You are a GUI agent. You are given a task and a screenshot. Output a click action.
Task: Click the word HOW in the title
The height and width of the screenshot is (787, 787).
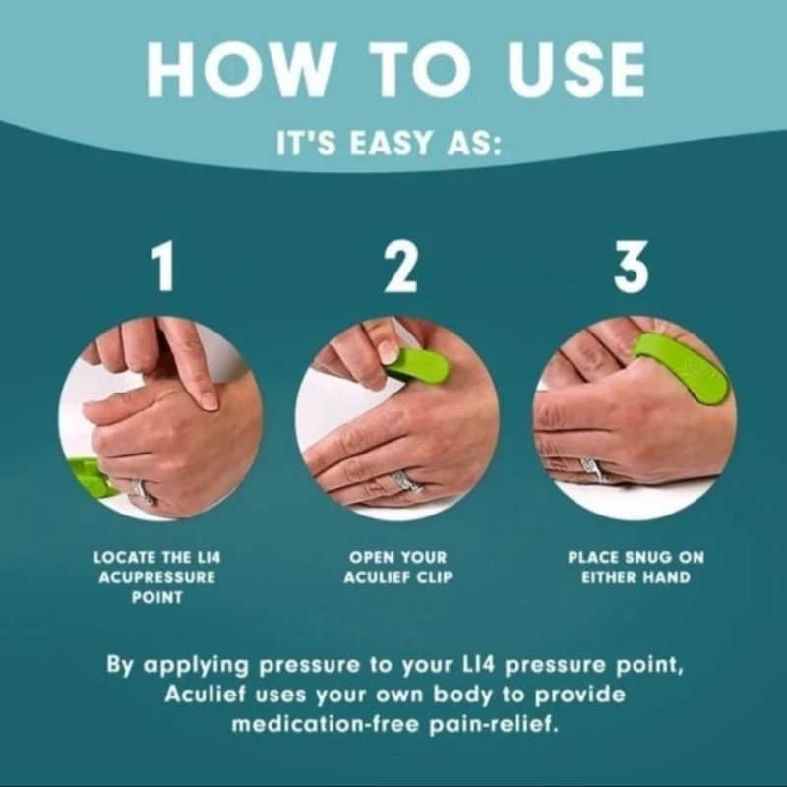point(239,70)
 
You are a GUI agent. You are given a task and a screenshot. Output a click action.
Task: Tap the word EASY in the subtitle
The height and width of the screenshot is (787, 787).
point(390,144)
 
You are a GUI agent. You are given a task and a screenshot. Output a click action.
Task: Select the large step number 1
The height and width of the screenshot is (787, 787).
point(163,266)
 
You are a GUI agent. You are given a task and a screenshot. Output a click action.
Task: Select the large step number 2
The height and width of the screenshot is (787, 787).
point(400,266)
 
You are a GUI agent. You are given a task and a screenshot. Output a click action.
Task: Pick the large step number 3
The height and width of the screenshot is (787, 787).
point(632,266)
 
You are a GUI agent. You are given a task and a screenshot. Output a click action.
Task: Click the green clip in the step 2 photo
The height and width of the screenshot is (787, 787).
point(416,366)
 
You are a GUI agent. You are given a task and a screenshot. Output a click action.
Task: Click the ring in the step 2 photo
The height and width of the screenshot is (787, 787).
point(405,483)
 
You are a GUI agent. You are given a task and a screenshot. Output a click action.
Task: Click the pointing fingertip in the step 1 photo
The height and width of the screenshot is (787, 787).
point(210,401)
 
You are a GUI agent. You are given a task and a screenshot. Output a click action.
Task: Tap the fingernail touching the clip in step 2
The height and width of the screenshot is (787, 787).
point(388,350)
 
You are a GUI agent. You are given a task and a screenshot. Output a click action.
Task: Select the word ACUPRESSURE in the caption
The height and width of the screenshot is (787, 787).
point(157,577)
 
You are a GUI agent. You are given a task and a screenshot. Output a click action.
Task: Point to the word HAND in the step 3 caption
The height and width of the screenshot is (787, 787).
point(667,577)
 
